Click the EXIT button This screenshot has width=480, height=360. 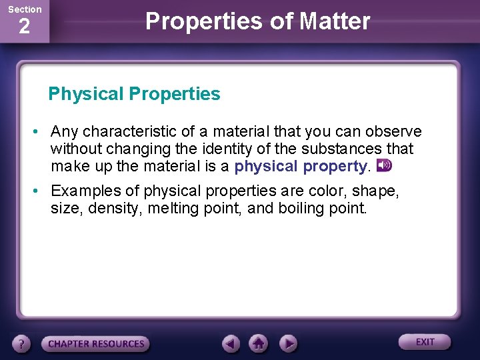[x=425, y=342]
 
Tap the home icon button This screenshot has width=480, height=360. [x=259, y=343]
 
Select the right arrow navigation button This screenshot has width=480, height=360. [x=287, y=343]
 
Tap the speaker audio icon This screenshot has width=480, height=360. [x=384, y=165]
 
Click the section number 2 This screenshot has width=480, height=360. [x=24, y=27]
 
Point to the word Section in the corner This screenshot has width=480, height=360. [x=24, y=9]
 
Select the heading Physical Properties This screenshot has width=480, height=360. [x=134, y=94]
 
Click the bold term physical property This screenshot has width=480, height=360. [x=301, y=166]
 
